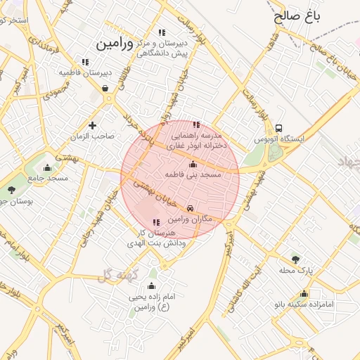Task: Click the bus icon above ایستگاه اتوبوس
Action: [280, 129]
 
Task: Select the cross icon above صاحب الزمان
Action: [92, 125]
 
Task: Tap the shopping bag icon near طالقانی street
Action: [105, 89]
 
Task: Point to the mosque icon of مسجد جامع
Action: [47, 167]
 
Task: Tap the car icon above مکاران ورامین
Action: [191, 209]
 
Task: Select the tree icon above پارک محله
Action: [295, 259]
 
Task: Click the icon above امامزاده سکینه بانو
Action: [304, 294]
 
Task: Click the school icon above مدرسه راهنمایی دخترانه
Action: [196, 124]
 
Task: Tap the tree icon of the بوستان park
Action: [11, 189]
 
